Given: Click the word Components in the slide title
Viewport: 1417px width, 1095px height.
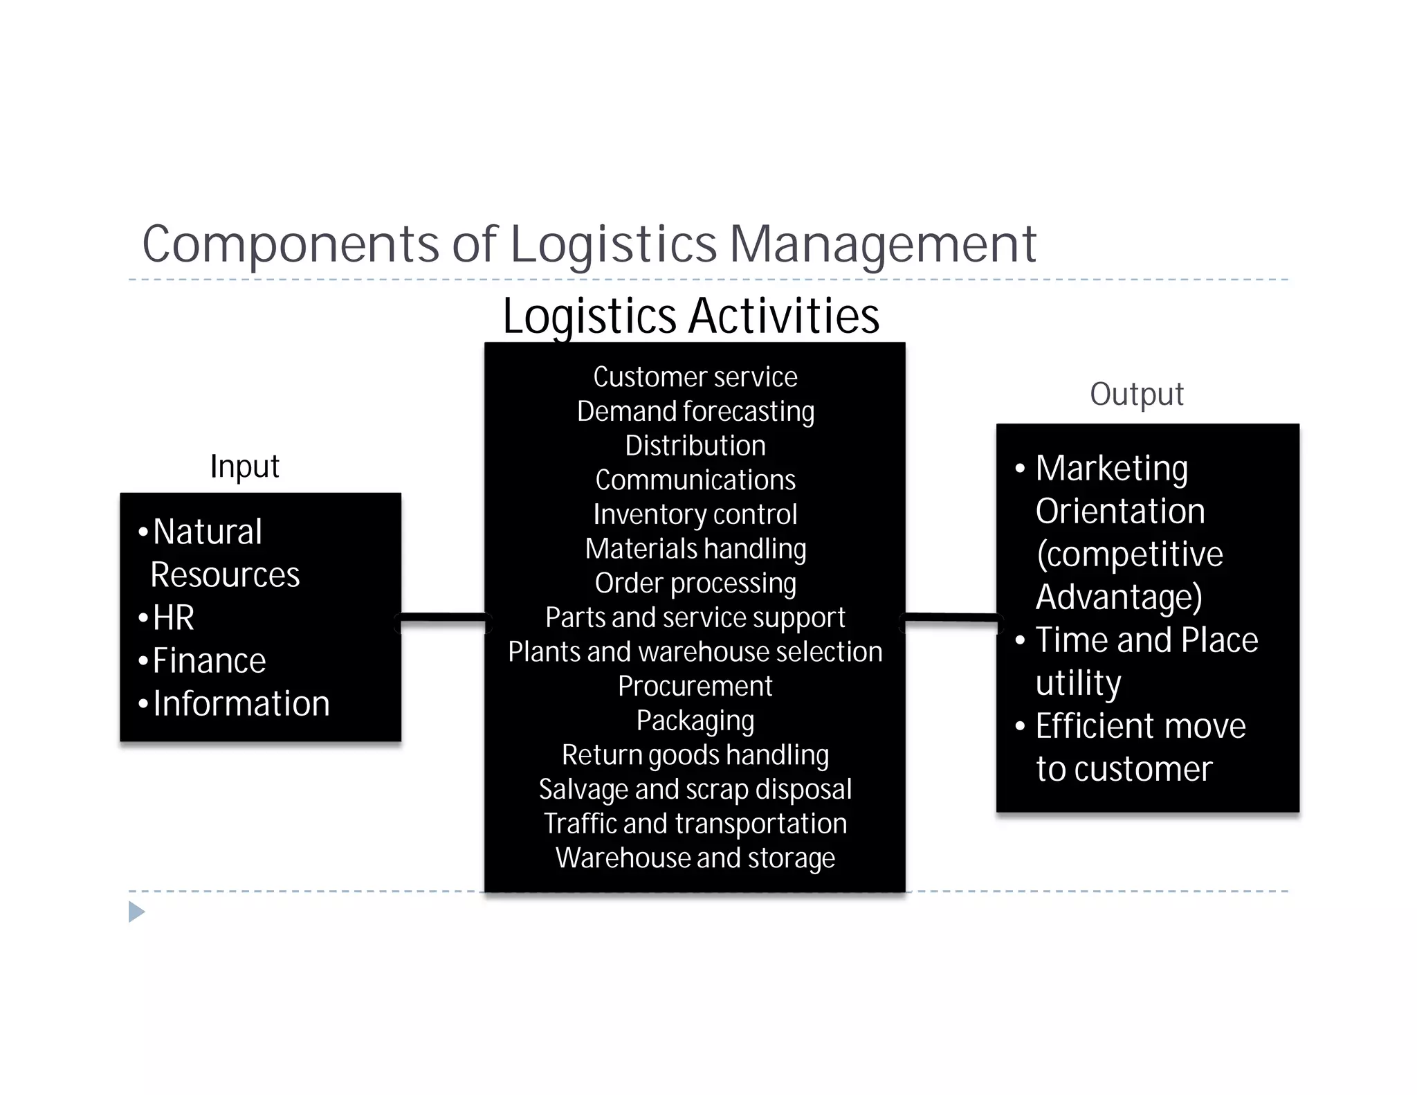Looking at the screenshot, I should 291,244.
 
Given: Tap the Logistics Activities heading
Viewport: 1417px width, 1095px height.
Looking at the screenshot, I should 691,316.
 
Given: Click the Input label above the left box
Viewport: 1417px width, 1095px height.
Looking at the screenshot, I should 244,466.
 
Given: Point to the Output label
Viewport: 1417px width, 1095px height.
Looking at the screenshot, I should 1136,394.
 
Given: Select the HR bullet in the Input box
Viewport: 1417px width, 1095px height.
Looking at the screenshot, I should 173,617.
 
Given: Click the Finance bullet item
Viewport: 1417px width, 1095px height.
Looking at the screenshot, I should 209,660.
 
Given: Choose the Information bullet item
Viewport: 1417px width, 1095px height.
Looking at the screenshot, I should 241,703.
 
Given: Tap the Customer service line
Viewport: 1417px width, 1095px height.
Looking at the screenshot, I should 695,377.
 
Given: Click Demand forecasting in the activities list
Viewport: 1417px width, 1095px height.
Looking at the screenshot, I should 695,411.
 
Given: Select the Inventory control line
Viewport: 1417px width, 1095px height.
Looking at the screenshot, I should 695,514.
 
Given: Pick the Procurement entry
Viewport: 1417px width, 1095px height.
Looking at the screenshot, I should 695,686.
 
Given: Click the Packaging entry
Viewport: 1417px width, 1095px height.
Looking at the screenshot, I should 695,721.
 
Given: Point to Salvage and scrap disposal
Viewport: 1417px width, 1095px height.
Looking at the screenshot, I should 695,789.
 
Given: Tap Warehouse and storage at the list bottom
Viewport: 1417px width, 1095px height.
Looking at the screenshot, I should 695,858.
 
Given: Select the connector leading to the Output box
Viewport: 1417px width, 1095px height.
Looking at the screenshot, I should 951,622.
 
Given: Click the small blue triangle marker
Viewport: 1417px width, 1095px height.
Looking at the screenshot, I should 136,912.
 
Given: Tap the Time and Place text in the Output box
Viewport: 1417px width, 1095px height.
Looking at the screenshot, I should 1146,640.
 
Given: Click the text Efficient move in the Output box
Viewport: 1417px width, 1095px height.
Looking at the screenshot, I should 1140,726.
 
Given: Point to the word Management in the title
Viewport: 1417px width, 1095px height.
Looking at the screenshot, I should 883,244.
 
